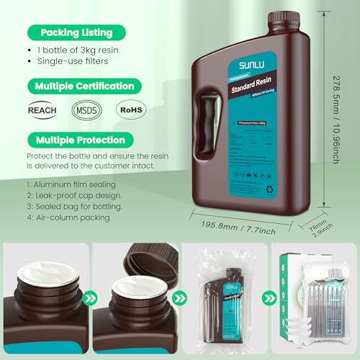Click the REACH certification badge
pos(43,112)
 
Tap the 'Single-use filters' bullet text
pos(82,63)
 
